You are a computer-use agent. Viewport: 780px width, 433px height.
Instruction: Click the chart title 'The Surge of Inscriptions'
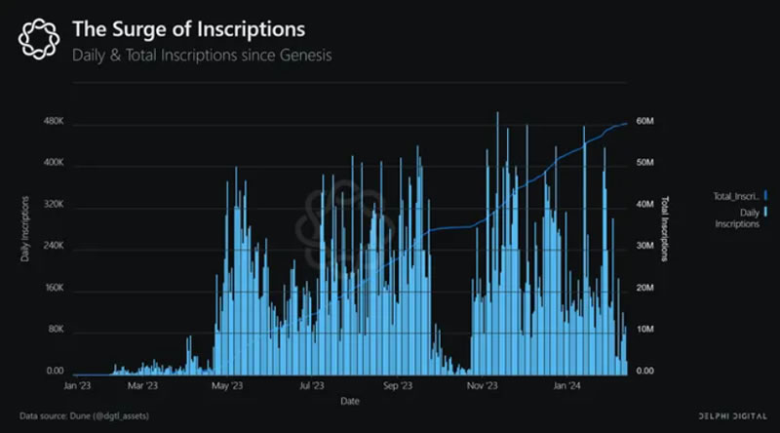pos(187,29)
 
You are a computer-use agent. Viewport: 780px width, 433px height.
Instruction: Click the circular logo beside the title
pos(39,41)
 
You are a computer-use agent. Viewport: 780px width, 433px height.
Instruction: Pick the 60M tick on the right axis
pos(644,122)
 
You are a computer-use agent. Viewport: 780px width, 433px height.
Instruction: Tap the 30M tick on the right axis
pos(644,247)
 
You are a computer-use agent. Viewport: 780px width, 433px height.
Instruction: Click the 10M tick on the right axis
pos(644,331)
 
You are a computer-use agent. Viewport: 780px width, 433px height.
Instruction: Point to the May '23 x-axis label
pos(226,386)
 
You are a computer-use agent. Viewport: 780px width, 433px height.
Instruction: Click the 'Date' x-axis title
pos(349,400)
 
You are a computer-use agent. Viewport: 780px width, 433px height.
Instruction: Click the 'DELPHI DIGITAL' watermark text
pos(732,415)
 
